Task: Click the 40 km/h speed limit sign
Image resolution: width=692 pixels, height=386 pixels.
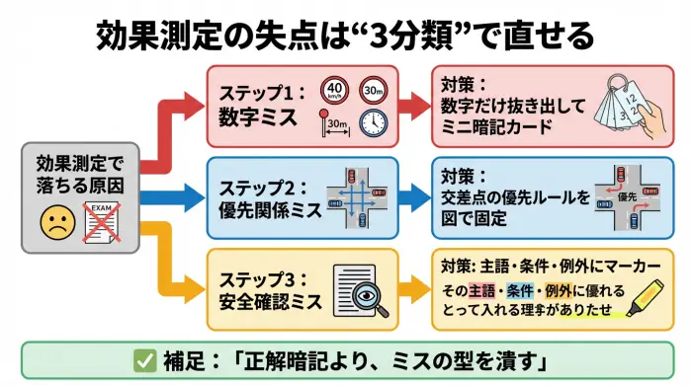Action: pos(333,90)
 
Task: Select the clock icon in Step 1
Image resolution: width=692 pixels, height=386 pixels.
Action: pos(373,122)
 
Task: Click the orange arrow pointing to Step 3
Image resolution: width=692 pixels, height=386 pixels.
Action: pos(178,265)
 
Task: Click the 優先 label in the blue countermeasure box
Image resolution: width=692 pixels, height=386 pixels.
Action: pos(625,197)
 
